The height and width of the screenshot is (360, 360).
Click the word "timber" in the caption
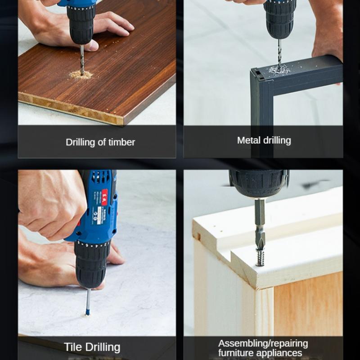pos(121,142)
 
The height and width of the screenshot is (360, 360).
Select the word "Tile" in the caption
pos(73,347)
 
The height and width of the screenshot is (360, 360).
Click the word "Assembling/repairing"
pos(263,344)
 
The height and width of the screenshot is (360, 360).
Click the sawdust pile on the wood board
pos(81,75)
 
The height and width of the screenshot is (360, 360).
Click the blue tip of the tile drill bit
pos(87,312)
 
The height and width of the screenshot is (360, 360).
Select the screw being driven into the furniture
pos(260,257)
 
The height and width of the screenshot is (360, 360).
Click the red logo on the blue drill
pos(104,197)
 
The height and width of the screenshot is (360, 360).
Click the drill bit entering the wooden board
pos(82,60)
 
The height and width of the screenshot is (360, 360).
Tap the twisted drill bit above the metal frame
pos(279,54)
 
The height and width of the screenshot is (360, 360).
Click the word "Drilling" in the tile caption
pos(103,347)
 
